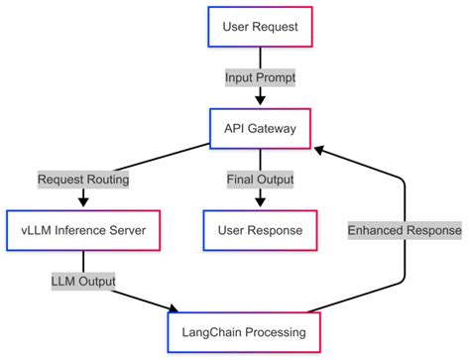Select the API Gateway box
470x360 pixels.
(259, 128)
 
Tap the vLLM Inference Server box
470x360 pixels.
(82, 232)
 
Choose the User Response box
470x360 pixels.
(259, 232)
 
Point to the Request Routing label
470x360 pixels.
(83, 180)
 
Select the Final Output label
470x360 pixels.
(259, 180)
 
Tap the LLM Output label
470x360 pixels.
(83, 282)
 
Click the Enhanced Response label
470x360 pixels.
(404, 231)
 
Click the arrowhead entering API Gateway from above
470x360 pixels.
(259, 100)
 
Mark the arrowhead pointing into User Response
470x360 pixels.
(259, 202)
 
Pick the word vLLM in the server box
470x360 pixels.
(36, 232)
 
